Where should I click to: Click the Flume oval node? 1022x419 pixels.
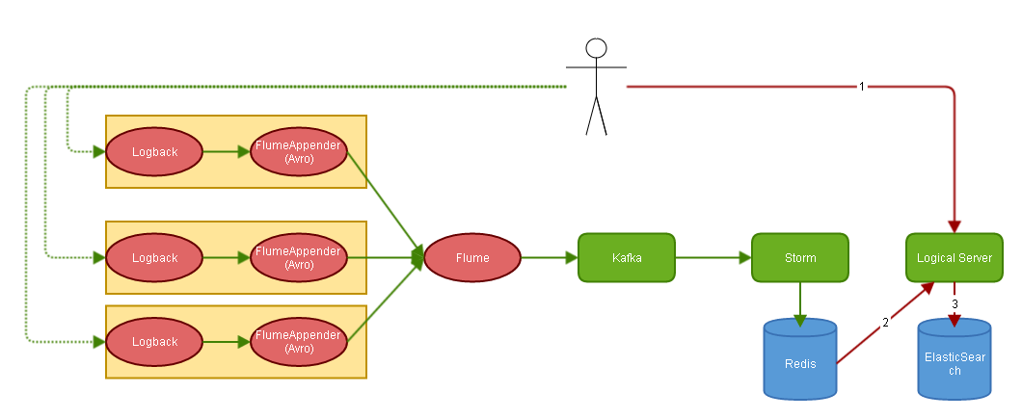coord(472,258)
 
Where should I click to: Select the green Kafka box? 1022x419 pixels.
coord(627,258)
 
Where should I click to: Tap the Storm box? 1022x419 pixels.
coord(800,258)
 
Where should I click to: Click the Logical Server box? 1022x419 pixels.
coord(955,258)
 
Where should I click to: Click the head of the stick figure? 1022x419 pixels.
coord(597,49)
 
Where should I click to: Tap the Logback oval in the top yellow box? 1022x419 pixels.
coord(154,152)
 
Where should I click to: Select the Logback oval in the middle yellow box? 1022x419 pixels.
coord(154,258)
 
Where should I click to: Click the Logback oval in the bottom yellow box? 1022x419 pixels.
coord(154,342)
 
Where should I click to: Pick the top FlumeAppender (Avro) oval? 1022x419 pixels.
coord(300,152)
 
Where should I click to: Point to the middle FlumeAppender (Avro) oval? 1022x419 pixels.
coord(300,258)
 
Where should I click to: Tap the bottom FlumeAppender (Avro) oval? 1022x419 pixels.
coord(300,342)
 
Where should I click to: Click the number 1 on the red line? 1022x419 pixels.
coord(862,87)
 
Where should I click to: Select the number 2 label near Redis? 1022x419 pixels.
coord(885,323)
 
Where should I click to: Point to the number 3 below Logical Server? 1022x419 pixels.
coord(955,303)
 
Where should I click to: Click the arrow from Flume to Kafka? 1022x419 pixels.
coord(550,258)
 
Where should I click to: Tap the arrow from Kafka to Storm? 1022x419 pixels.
coord(713,258)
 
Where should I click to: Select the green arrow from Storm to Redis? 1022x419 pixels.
coord(800,301)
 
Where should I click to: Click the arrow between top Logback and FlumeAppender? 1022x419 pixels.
coord(227,152)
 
